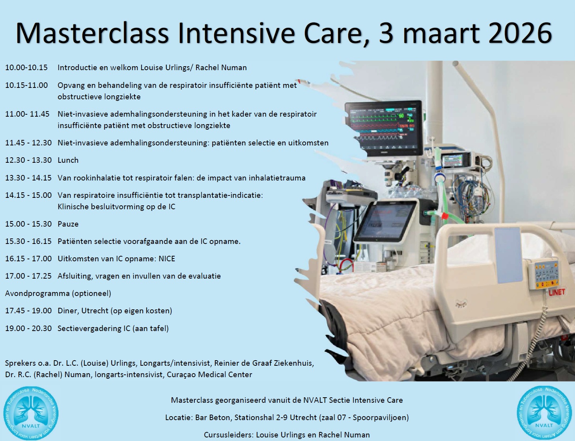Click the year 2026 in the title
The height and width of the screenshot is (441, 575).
click(520, 33)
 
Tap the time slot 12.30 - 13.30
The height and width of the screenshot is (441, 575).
click(28, 160)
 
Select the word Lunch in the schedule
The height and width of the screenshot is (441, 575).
click(68, 160)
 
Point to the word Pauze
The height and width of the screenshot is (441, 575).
click(68, 224)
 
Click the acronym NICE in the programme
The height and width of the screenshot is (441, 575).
click(167, 259)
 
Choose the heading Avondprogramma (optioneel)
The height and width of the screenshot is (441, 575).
click(58, 294)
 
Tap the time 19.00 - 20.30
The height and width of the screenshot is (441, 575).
click(28, 328)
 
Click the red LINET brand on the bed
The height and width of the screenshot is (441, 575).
click(557, 292)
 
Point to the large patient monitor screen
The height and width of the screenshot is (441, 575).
click(384, 128)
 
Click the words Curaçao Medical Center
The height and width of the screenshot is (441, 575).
click(209, 375)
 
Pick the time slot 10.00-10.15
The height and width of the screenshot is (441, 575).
click(26, 68)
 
